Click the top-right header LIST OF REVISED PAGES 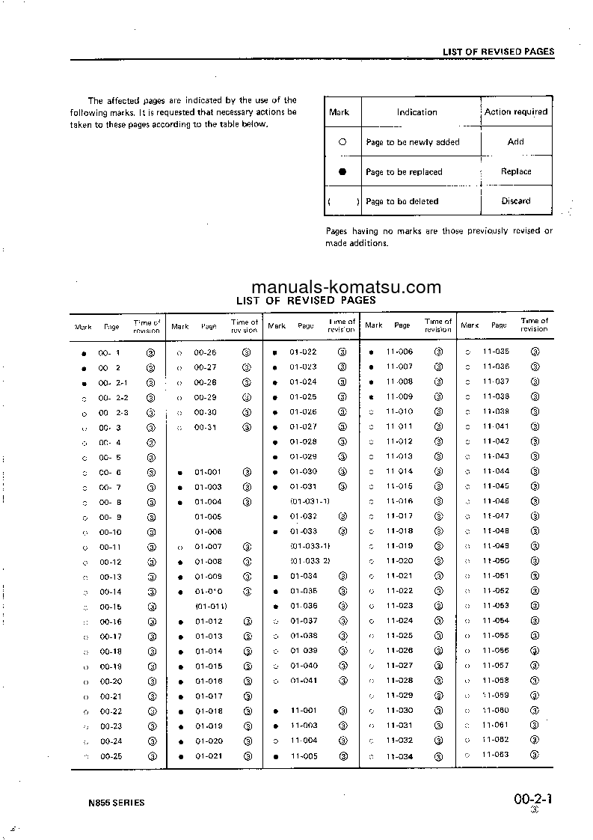[498, 52]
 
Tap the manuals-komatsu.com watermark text [346, 287]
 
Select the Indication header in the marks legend [417, 112]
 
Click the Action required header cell [516, 112]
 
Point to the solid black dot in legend [342, 171]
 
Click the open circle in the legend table [342, 141]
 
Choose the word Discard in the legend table [516, 201]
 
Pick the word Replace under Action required [516, 171]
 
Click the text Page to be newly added [413, 142]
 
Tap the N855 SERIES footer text [116, 803]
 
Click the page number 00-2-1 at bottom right [533, 798]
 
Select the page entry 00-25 [111, 756]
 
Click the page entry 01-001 [209, 472]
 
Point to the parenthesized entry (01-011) [211, 607]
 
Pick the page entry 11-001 [304, 711]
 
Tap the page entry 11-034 [399, 756]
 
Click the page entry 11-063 [496, 755]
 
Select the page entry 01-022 [304, 352]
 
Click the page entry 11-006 [399, 352]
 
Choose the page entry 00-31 [206, 427]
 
